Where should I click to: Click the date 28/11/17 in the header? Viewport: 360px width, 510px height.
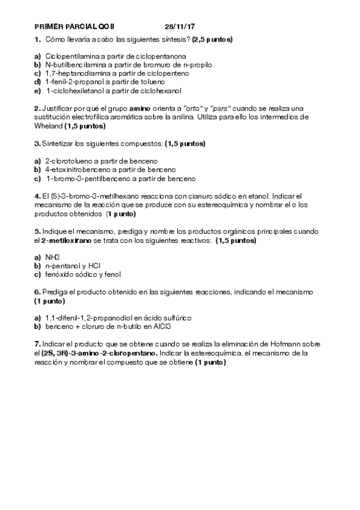[180, 27]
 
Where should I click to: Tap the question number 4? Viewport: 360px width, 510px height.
[37, 196]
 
